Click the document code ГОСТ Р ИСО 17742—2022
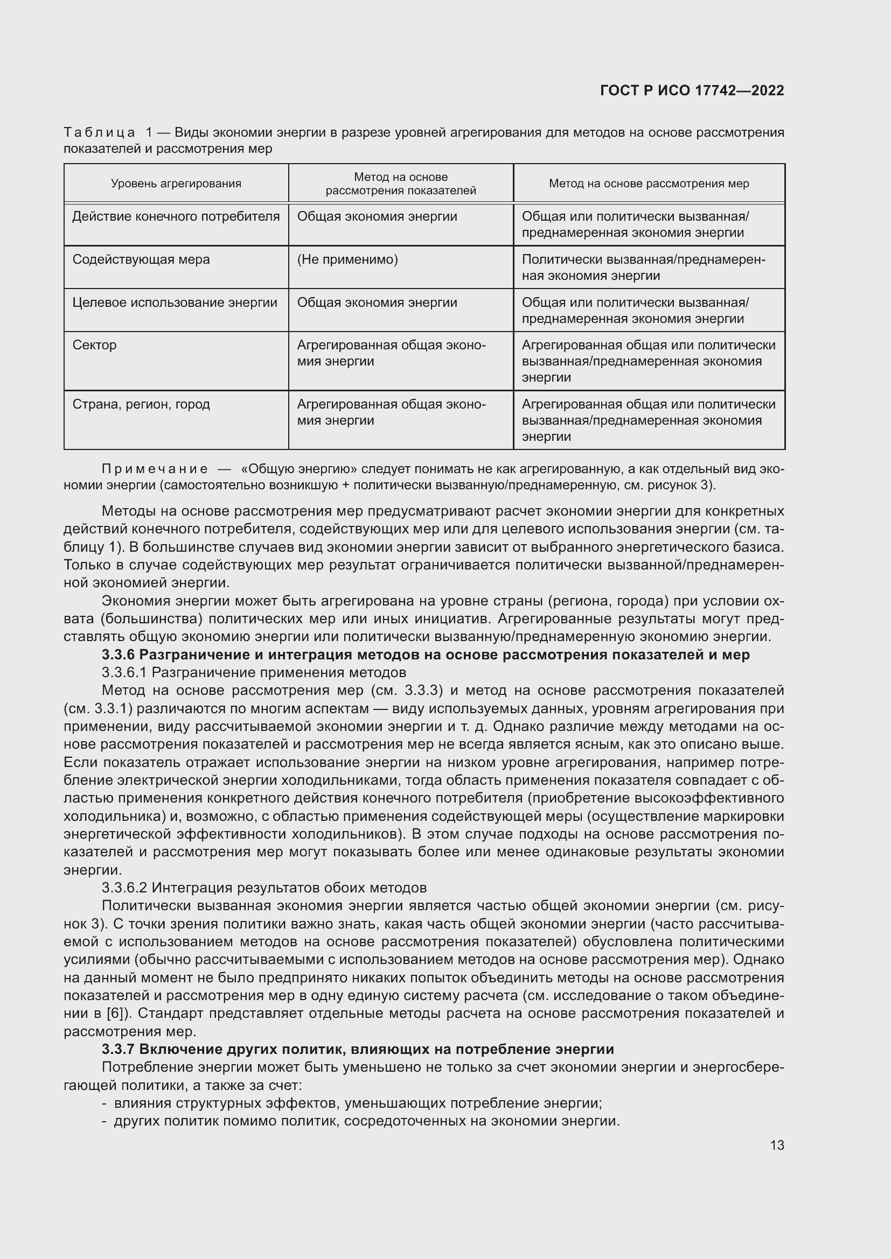click(x=692, y=90)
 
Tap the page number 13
click(x=777, y=1145)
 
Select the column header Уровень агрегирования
click(x=176, y=184)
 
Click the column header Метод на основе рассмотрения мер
click(x=649, y=184)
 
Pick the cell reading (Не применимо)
click(x=347, y=259)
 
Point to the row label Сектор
click(x=94, y=345)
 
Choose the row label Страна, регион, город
click(x=141, y=404)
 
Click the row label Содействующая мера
click(x=141, y=259)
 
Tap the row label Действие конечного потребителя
click(x=176, y=216)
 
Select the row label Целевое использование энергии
click(x=175, y=303)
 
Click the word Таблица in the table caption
click(x=99, y=133)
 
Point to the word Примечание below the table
click(x=155, y=469)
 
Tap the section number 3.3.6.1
click(x=124, y=672)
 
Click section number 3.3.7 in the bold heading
click(x=118, y=1049)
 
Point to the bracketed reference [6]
click(x=114, y=1013)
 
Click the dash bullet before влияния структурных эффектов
click(x=105, y=1103)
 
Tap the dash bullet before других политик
click(x=105, y=1121)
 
